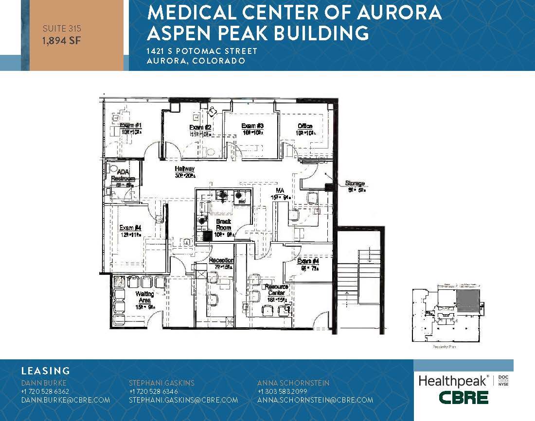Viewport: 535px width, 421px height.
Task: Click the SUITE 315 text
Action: pyautogui.click(x=61, y=29)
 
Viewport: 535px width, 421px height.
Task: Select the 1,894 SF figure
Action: pyautogui.click(x=61, y=40)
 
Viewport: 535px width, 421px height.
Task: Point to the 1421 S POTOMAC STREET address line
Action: pyautogui.click(x=202, y=51)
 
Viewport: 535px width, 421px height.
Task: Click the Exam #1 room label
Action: pyautogui.click(x=130, y=126)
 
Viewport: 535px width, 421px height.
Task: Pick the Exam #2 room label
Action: pyautogui.click(x=199, y=128)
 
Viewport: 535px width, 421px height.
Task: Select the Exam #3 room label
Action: pyautogui.click(x=252, y=126)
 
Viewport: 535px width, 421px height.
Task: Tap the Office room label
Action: pyautogui.click(x=305, y=126)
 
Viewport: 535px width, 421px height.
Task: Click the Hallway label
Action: pyautogui.click(x=185, y=169)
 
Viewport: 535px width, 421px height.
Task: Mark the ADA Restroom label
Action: pyautogui.click(x=122, y=175)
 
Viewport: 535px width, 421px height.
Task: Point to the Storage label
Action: pyautogui.click(x=355, y=183)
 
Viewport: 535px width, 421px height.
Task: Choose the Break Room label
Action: pyautogui.click(x=223, y=224)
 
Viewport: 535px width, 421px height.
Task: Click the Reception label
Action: pyautogui.click(x=221, y=261)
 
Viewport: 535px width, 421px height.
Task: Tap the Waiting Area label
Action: pyautogui.click(x=144, y=297)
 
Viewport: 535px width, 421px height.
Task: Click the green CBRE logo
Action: pyautogui.click(x=464, y=397)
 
